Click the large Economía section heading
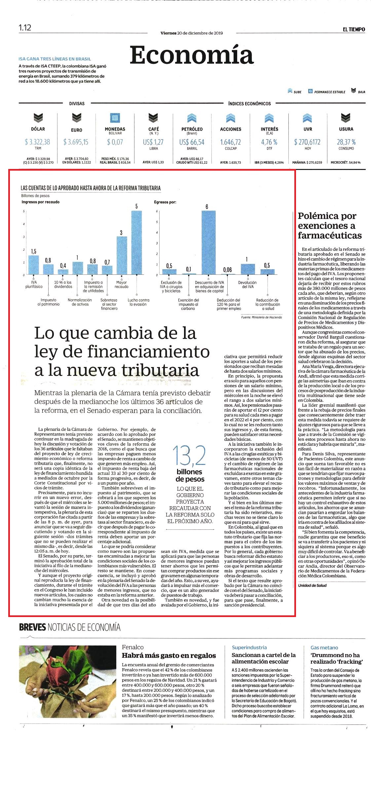[x=191, y=55]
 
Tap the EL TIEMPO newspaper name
[x=354, y=29]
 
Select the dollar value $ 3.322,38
[x=38, y=142]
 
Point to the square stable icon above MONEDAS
[x=115, y=118]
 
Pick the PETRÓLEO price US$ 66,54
[x=192, y=142]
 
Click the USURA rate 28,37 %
[x=346, y=142]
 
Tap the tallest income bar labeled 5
[x=136, y=242]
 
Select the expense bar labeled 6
[x=208, y=242]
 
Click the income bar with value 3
[x=122, y=255]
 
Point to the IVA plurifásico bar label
[x=34, y=284]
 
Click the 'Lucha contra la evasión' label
[x=138, y=302]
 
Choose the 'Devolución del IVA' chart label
[x=247, y=284]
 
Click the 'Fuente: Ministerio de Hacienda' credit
[x=262, y=317]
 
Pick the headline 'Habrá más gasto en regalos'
[x=169, y=655]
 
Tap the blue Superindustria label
[x=249, y=647]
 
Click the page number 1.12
[x=25, y=28]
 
